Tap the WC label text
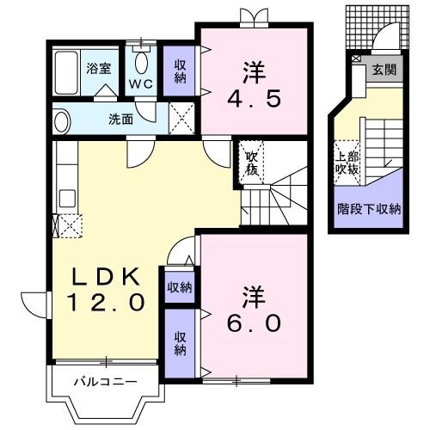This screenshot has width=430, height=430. (141, 84)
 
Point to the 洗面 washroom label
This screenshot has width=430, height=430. (120, 120)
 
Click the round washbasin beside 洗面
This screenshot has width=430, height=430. (61, 121)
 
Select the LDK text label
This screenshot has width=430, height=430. (106, 276)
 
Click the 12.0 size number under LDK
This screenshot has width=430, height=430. (106, 303)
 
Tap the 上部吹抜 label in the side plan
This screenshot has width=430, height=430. (346, 163)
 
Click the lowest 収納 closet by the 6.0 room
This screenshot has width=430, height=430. (181, 344)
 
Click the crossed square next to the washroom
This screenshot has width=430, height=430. (181, 120)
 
